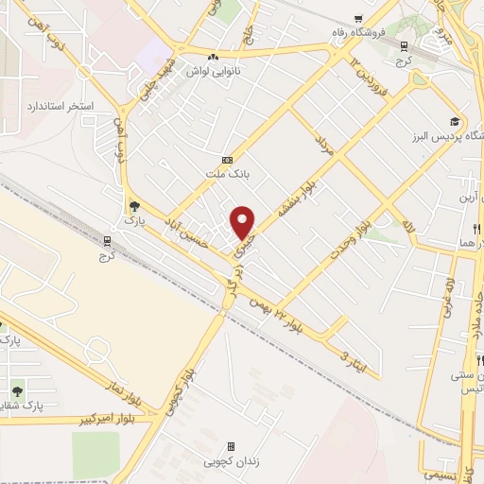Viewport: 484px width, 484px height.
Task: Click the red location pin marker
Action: [x=243, y=222]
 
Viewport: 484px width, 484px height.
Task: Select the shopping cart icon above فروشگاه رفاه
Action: [x=356, y=19]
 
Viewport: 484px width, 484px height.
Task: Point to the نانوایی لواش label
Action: [x=217, y=71]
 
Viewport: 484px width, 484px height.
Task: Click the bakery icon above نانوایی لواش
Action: [x=216, y=57]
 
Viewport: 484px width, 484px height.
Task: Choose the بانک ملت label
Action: [x=226, y=174]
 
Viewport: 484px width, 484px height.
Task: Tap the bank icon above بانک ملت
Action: [x=226, y=160]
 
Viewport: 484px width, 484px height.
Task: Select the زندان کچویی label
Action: [x=230, y=462]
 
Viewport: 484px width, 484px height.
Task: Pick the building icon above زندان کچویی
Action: [x=230, y=447]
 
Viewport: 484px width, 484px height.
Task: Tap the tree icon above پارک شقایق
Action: [x=17, y=389]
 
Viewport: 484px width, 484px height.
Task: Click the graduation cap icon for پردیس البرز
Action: [x=455, y=121]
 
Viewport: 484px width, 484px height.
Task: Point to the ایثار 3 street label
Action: [x=351, y=358]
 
